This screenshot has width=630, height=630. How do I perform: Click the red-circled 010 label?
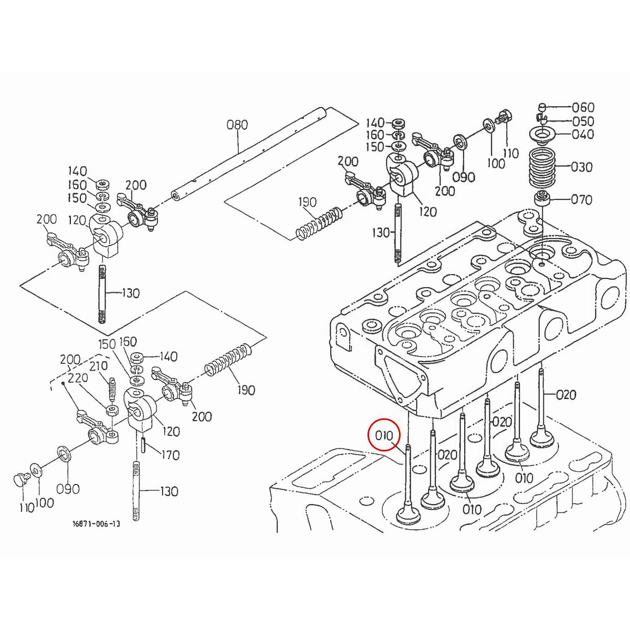pos(384,436)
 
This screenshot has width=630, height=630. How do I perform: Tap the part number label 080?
pos(237,125)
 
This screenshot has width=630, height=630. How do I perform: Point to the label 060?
pos(583,107)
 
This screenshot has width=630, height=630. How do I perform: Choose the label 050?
pos(583,121)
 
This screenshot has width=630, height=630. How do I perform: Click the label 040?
pos(583,134)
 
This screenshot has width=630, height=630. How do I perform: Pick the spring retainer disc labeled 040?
pos(542,134)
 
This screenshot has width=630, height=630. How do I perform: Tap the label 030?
pos(581,167)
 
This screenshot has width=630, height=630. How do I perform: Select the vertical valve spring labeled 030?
pos(543,167)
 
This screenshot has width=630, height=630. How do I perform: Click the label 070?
pos(581,199)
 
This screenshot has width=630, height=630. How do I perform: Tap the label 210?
pos(98,365)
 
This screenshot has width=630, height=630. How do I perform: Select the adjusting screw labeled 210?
pos(111,388)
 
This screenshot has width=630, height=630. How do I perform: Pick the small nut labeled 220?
pos(111,409)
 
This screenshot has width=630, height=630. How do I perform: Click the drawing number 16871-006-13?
pos(96,523)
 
